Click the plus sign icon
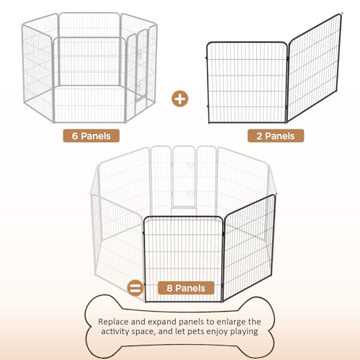tap(180, 99)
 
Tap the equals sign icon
tap(135, 288)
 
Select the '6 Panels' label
tap(91, 136)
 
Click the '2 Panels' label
tap(276, 136)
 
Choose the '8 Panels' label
tap(186, 288)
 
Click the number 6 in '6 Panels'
tap(75, 136)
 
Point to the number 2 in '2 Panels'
tap(259, 136)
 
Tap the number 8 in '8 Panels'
tap(170, 288)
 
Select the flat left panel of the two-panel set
tap(247, 82)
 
